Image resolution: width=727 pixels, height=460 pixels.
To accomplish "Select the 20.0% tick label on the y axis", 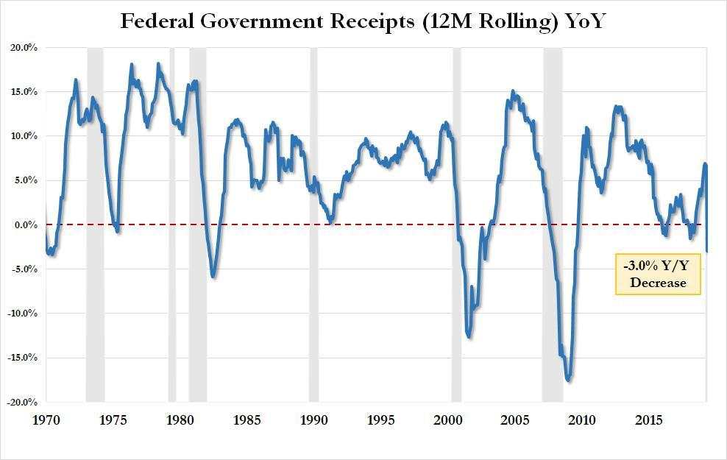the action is pos(24,48).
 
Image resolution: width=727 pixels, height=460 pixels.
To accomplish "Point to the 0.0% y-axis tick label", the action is pos(26,225).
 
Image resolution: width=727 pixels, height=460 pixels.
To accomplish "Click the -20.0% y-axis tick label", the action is pos(22,402).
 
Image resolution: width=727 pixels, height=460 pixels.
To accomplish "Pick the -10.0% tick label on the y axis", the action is pos(22,314).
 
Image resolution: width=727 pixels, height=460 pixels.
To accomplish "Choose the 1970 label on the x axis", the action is pos(46,420).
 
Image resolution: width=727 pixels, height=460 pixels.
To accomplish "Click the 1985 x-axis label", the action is pos(247,420).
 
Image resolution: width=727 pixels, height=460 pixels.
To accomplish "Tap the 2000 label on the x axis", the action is pos(448,420).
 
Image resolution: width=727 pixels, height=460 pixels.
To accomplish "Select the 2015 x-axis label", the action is pos(649,420).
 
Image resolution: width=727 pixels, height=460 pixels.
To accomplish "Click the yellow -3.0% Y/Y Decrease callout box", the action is pos(658,274).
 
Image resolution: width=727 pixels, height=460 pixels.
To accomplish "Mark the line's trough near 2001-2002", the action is pos(469,337).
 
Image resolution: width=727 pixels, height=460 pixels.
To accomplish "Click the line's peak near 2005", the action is pos(512,91).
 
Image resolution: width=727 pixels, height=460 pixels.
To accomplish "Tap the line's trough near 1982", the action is pos(213,277).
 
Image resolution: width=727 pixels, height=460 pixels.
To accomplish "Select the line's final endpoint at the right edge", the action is pos(706,251).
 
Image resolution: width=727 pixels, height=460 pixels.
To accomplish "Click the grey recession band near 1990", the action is pos(314,224).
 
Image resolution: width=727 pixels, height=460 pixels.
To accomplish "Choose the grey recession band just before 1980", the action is pos(172,224).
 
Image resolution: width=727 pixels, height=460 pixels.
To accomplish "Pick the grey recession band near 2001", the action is pos(457,224).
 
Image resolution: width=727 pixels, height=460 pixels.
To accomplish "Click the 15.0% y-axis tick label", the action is pos(24,92).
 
